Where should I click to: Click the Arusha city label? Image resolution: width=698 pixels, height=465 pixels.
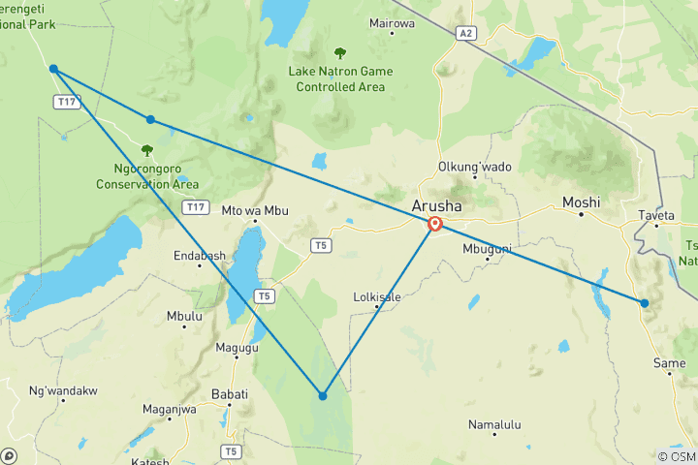[437, 206]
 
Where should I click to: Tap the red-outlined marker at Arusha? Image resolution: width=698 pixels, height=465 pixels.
[435, 224]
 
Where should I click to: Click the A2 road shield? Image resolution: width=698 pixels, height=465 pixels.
[467, 34]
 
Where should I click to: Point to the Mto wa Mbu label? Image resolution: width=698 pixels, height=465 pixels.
[256, 209]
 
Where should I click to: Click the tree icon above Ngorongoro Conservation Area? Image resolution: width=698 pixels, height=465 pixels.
[147, 150]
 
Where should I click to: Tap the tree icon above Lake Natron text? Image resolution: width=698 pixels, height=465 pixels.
[339, 53]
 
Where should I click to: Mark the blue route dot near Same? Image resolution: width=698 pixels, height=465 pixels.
[644, 303]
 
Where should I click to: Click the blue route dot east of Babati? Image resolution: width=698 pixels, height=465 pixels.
[323, 395]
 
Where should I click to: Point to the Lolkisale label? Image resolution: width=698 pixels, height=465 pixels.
[378, 297]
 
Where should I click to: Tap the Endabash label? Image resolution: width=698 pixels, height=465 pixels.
[200, 256]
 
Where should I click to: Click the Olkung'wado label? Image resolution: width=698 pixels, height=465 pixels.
[475, 167]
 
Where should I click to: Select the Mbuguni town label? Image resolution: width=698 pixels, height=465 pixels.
[487, 247]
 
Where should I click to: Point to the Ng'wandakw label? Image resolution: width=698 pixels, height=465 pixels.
[64, 390]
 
